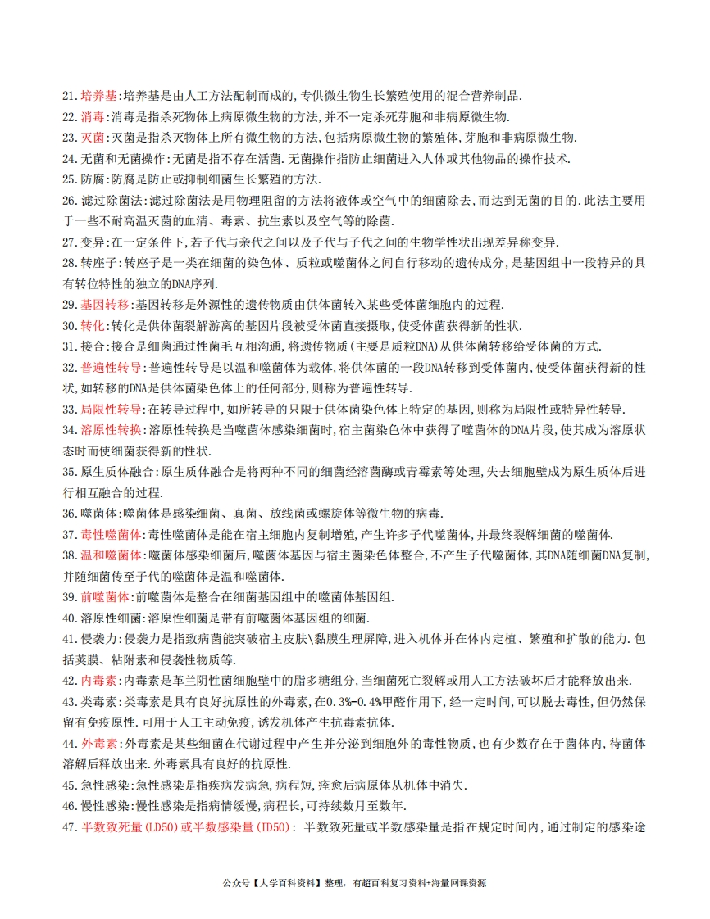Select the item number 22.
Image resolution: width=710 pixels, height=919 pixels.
tap(70, 116)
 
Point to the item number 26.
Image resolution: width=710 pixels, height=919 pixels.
tap(70, 201)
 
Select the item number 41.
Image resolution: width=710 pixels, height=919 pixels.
tap(70, 639)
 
